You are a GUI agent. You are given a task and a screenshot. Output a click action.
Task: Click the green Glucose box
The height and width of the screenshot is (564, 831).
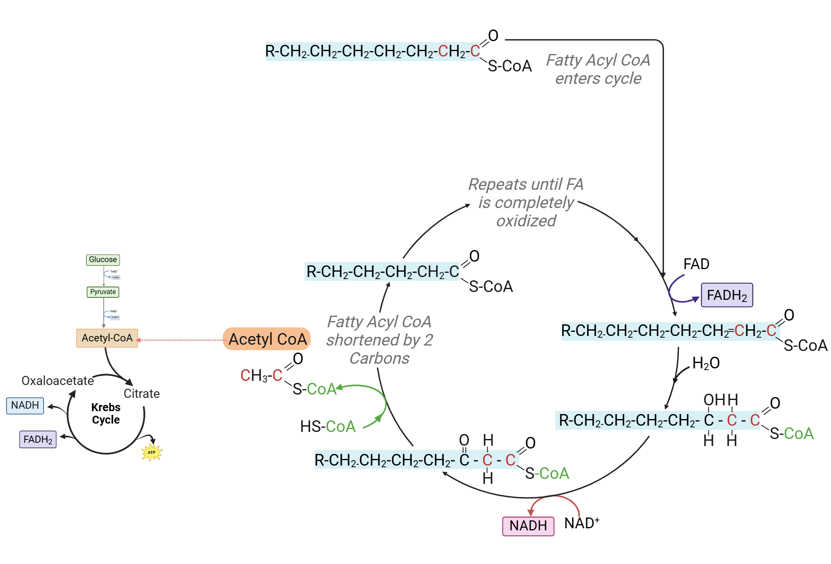coord(103,260)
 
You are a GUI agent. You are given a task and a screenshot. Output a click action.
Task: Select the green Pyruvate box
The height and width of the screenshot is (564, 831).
coord(103,292)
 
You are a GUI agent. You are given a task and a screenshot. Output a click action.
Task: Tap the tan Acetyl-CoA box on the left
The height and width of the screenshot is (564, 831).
coord(107,338)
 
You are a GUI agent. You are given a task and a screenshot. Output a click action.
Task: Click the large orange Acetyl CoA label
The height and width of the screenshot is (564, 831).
coord(267,339)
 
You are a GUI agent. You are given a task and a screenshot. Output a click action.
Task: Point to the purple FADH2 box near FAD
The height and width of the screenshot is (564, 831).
coord(727,295)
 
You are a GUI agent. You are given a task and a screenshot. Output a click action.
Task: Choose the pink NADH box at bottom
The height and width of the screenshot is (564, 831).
coord(528,526)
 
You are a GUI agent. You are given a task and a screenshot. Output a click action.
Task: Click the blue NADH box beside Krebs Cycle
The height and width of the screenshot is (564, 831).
coord(25,405)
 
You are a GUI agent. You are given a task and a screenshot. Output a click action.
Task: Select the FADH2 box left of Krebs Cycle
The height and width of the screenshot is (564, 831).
coord(38,439)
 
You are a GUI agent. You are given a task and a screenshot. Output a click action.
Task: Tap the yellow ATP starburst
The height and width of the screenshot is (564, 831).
coord(152,452)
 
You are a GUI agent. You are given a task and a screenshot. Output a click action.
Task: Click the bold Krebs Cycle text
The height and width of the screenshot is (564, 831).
coord(106,413)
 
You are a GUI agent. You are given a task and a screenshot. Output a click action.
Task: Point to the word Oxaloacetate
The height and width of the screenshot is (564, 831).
coord(57,381)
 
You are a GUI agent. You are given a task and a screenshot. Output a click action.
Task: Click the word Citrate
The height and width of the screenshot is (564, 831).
coord(142,394)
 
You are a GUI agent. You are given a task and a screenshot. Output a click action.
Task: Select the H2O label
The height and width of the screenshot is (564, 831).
coord(706,363)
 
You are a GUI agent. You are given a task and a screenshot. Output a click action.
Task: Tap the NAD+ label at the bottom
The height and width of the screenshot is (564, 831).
coord(581,523)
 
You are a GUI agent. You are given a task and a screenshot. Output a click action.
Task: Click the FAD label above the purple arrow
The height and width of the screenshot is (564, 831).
coord(696,264)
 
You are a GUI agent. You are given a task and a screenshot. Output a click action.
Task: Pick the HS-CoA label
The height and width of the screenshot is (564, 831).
coord(328,427)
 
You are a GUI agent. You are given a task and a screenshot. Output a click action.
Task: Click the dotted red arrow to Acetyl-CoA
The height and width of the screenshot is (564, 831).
coord(181,340)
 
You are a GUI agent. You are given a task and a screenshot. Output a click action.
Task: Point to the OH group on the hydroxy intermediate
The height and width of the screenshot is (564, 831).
coord(714,400)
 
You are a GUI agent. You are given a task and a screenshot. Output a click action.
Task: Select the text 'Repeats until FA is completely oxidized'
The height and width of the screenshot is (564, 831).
coord(526,203)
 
